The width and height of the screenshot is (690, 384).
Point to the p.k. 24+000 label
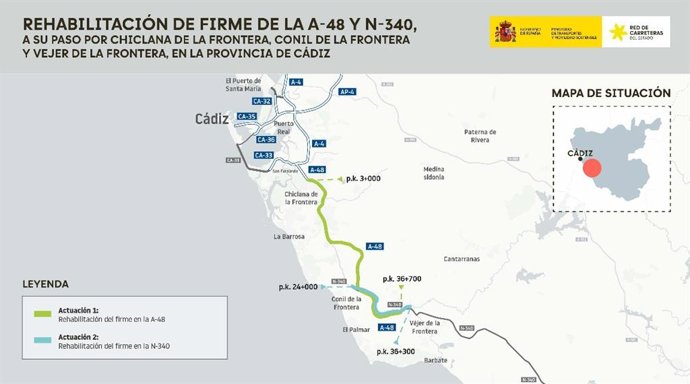coord(298,286)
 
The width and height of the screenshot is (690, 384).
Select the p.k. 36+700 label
coord(402,280)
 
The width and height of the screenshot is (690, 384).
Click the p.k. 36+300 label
coord(395,352)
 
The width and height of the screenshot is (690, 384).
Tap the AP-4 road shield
coord(347,92)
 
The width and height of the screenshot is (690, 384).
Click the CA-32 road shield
coord(263,102)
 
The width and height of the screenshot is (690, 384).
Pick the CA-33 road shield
coord(264,155)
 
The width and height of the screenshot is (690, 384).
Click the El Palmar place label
coord(355,329)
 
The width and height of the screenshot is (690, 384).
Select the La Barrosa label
coord(288,237)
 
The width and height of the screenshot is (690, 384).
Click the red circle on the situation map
coord(592,167)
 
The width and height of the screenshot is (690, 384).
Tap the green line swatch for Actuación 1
coord(42,315)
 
